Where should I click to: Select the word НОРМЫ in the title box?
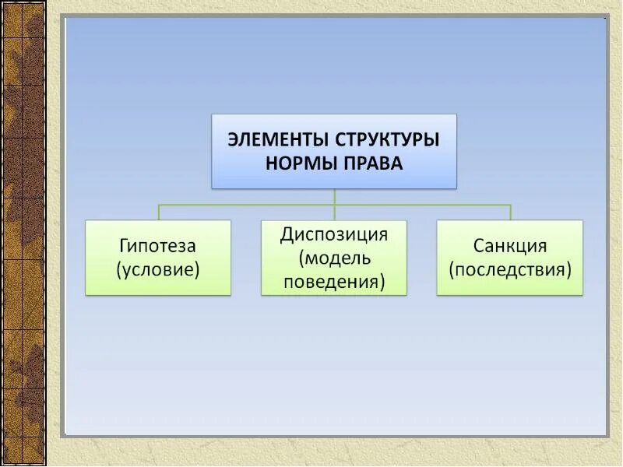(x=299, y=164)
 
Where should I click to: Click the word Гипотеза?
(x=158, y=246)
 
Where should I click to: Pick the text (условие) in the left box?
(x=158, y=269)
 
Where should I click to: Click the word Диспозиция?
(x=334, y=233)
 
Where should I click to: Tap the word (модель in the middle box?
(x=334, y=257)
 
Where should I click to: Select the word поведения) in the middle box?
(x=334, y=280)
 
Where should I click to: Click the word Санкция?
(x=510, y=246)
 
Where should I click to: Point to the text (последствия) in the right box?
(x=510, y=269)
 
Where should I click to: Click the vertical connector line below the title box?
(x=334, y=196)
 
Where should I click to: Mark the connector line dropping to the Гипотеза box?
(x=159, y=212)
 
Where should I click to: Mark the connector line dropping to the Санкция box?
(x=510, y=212)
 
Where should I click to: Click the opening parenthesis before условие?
(x=119, y=270)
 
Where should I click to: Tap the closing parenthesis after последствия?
(x=569, y=270)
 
